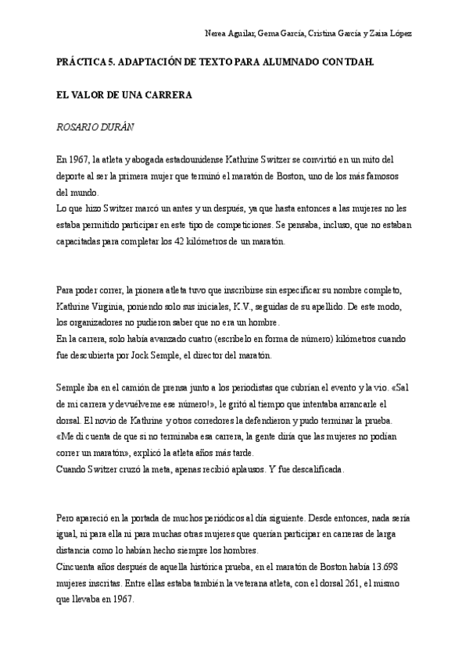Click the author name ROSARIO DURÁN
(x=99, y=126)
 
